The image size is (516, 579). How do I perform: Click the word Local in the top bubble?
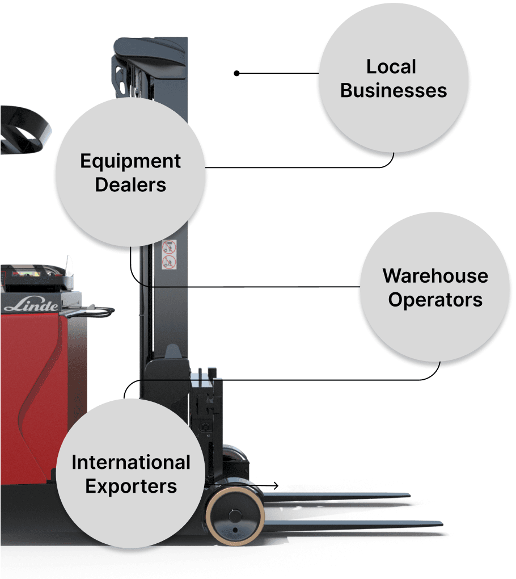(x=391, y=67)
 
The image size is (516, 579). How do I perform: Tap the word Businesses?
(x=394, y=91)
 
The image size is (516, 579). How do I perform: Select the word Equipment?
(x=130, y=161)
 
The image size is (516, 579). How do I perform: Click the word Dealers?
(x=130, y=185)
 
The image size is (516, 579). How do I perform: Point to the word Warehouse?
(x=435, y=276)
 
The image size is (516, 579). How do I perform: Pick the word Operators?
(x=435, y=300)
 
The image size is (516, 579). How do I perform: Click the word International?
(x=131, y=463)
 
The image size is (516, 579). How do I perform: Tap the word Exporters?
(x=131, y=486)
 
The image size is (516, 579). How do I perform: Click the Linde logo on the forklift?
(x=31, y=306)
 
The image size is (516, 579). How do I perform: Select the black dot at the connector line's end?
(x=237, y=73)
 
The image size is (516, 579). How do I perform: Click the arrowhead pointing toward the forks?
(x=276, y=486)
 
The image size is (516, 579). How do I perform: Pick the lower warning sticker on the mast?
(x=169, y=262)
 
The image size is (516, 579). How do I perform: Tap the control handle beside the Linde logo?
(x=91, y=312)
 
